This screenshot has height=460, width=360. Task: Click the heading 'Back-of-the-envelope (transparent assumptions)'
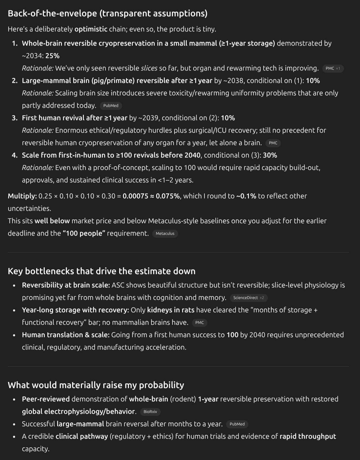(x=107, y=13)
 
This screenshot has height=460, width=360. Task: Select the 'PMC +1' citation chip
(x=333, y=68)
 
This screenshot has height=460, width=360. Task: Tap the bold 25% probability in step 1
(x=52, y=56)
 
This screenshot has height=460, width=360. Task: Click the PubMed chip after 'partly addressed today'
(x=111, y=106)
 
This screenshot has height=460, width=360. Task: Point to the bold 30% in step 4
(x=270, y=155)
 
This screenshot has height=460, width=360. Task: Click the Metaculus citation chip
(x=165, y=234)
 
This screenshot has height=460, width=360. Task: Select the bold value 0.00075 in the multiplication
(x=135, y=196)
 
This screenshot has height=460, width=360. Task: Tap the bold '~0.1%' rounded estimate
(x=246, y=196)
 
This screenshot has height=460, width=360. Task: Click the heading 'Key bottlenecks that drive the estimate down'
(x=101, y=271)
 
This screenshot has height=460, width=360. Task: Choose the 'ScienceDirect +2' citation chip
(x=248, y=298)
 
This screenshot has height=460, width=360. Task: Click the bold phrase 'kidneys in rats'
(x=171, y=310)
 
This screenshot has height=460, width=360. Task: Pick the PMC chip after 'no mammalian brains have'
(x=199, y=323)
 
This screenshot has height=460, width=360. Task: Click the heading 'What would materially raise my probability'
(x=96, y=385)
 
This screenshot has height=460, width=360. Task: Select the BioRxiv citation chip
(x=150, y=412)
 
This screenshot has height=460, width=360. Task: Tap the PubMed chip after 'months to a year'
(x=237, y=424)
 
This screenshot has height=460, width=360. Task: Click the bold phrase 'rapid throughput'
(x=308, y=436)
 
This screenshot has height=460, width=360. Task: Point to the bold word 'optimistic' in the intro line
(x=91, y=29)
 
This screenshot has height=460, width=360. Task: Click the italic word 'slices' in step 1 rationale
(x=149, y=68)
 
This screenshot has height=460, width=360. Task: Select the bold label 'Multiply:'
(x=22, y=196)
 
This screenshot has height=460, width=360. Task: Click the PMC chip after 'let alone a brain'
(x=273, y=143)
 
